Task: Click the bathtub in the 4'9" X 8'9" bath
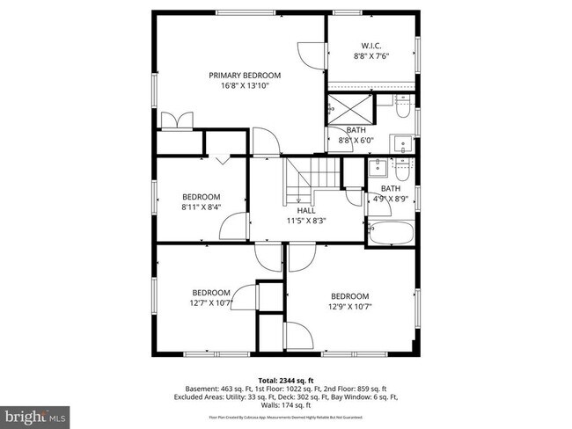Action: click(x=389, y=234)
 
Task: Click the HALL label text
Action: click(x=305, y=211)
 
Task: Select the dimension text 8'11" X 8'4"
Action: click(x=202, y=207)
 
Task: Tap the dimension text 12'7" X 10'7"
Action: click(x=211, y=303)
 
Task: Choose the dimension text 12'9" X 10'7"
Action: click(x=349, y=307)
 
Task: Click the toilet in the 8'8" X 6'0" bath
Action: click(x=402, y=110)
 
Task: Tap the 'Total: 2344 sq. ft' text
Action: click(x=286, y=379)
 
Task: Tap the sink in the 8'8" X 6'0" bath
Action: click(x=400, y=142)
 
